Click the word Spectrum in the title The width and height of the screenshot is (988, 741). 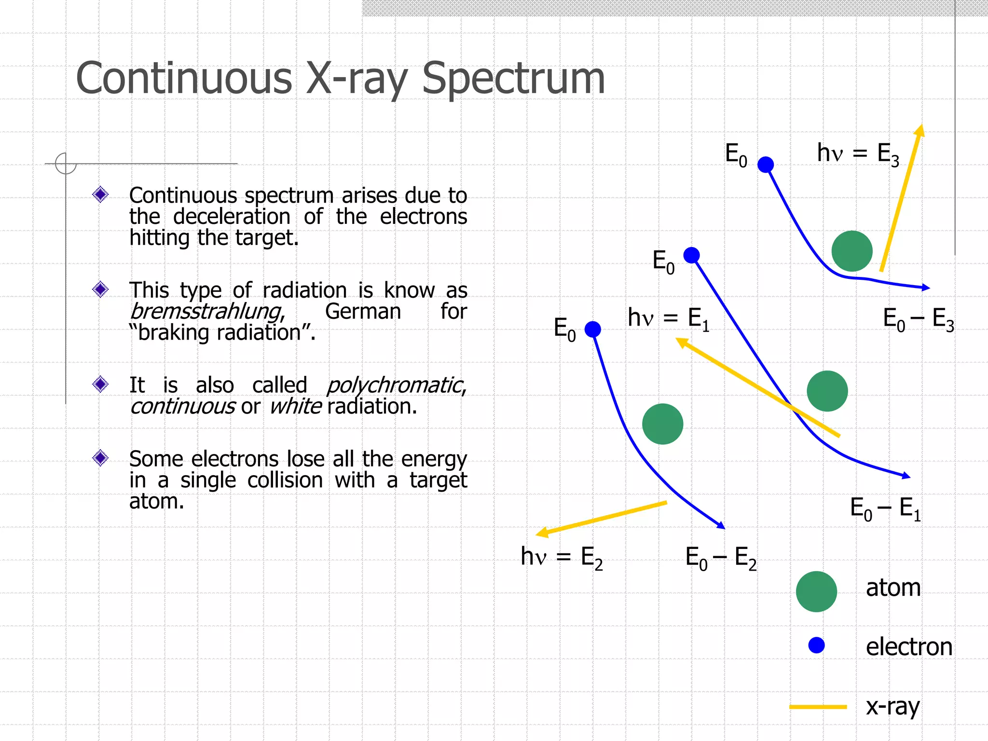click(x=513, y=79)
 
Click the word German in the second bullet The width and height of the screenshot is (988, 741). click(x=363, y=312)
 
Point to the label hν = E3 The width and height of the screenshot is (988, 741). click(x=858, y=154)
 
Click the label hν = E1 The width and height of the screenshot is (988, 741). click(x=668, y=319)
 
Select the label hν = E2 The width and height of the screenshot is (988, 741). click(x=562, y=557)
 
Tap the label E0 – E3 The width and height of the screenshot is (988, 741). click(x=918, y=319)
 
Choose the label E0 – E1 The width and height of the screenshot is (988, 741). click(x=885, y=508)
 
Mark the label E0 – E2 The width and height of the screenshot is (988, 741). click(x=721, y=558)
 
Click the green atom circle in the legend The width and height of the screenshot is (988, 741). click(x=816, y=591)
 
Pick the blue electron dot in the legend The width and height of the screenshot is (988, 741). click(x=816, y=645)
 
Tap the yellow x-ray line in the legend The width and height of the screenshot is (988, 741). click(x=818, y=707)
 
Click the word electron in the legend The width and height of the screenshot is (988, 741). click(x=909, y=647)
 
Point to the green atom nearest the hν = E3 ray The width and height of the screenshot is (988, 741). click(x=852, y=251)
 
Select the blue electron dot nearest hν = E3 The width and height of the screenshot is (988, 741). click(x=766, y=165)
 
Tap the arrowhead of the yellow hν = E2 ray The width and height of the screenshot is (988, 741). click(x=542, y=533)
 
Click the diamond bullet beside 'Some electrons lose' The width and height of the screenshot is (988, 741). click(x=100, y=457)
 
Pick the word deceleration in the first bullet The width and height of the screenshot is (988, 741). click(x=232, y=217)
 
